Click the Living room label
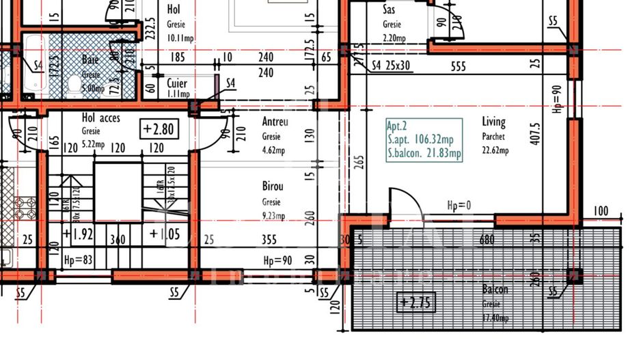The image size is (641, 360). point(493,122)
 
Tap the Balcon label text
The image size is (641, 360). point(495,289)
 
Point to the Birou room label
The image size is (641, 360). point(273,186)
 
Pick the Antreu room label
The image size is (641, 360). point(275,122)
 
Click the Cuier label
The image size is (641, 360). point(177,83)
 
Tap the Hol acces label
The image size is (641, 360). point(100,118)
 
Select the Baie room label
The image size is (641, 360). point(90,60)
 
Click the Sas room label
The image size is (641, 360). point(391,11)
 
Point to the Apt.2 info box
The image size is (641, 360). point(424,139)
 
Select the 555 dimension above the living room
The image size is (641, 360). point(459,66)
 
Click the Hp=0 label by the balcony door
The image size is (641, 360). point(459,205)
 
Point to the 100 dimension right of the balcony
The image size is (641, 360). point(601,211)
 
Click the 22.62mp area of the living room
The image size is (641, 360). point(495,151)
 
